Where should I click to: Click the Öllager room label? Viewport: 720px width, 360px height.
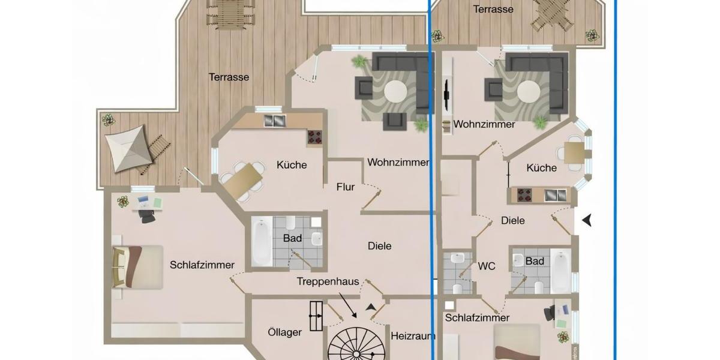coord(284,332)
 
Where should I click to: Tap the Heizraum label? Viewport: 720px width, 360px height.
coord(412,336)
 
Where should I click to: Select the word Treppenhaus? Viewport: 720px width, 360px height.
coord(328,281)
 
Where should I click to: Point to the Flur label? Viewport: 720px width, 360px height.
coord(346,187)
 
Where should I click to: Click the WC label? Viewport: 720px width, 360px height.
coord(487,266)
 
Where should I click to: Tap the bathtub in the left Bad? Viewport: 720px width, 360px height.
coord(262,242)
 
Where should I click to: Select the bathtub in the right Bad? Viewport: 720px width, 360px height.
coord(560,271)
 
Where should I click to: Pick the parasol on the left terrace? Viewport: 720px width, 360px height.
coord(127,148)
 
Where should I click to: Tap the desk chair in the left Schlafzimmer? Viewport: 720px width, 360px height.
coord(147,215)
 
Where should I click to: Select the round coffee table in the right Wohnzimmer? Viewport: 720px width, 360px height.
coord(529,93)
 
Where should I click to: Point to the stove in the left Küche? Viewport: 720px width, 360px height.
coord(316,137)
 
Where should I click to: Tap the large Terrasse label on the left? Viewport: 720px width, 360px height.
coord(229,77)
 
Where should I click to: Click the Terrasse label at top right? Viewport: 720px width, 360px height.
coord(493,9)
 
